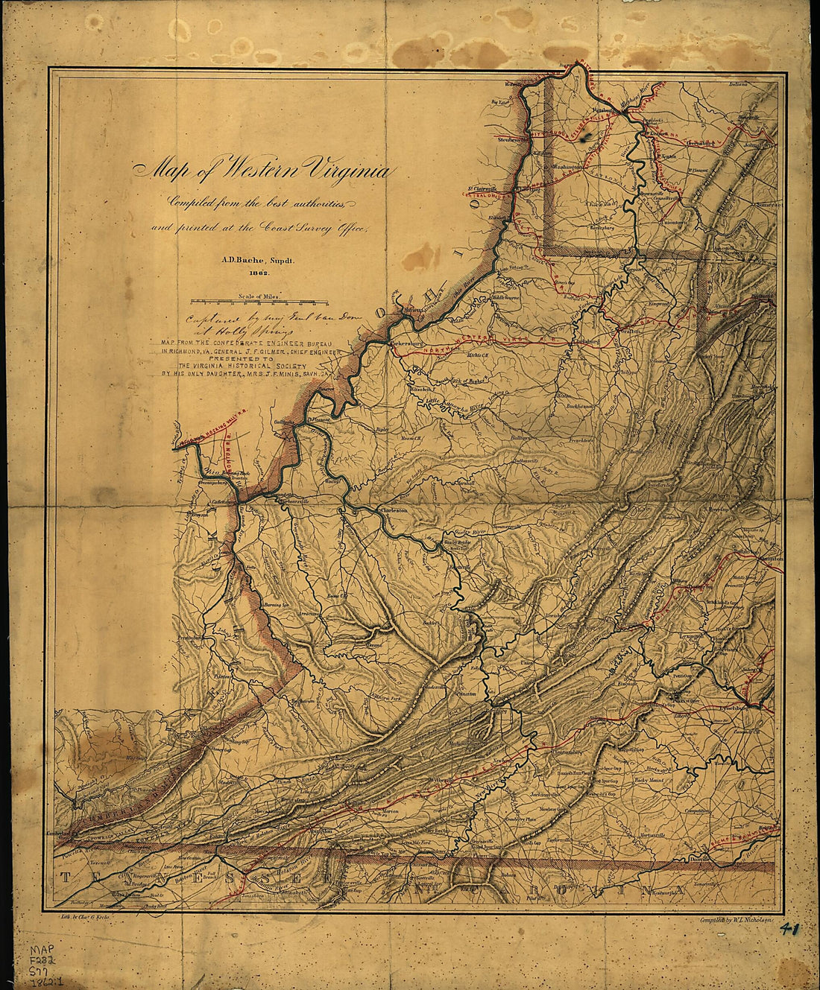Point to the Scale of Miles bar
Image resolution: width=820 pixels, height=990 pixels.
tap(259, 302)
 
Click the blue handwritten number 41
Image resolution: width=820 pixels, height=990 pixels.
tap(797, 930)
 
